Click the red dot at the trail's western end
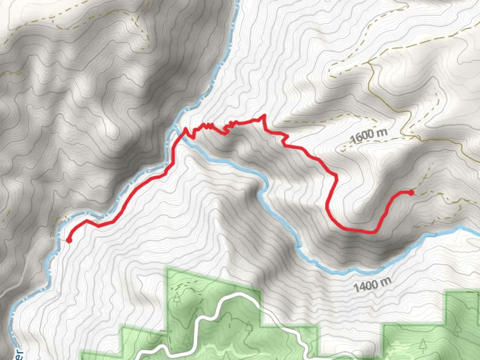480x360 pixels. pyautogui.click(x=69, y=240)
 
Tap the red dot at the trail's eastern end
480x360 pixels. pyautogui.click(x=411, y=193)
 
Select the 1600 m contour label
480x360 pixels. pyautogui.click(x=369, y=135)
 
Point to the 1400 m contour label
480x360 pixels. pyautogui.click(x=372, y=284)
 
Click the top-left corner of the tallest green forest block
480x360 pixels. pyautogui.click(x=167, y=268)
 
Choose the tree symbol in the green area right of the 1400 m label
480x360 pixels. pyautogui.click(x=423, y=343)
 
